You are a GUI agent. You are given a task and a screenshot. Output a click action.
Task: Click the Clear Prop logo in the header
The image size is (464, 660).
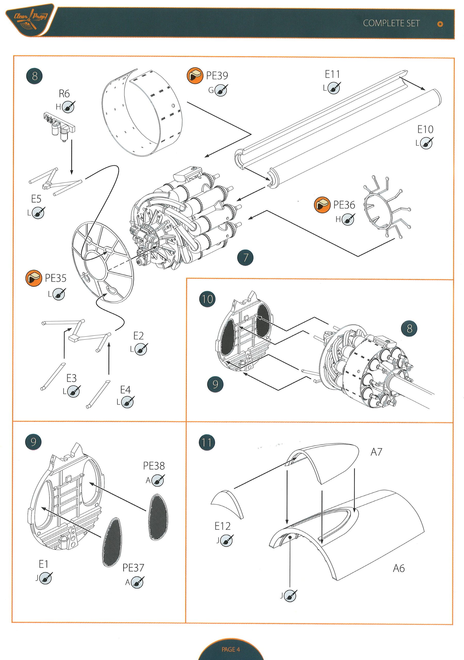tap(30, 20)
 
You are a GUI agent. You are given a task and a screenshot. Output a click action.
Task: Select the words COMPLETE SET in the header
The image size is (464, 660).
tap(391, 23)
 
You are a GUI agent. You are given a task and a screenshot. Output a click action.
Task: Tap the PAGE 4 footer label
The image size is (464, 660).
tap(230, 649)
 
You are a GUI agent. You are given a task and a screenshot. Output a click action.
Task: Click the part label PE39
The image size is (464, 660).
tap(217, 76)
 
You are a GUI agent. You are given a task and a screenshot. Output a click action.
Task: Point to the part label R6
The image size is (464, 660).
tap(64, 94)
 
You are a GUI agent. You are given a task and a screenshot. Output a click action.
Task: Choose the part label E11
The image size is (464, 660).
tap(332, 75)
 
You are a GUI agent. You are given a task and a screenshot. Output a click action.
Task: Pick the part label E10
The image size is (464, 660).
tap(425, 130)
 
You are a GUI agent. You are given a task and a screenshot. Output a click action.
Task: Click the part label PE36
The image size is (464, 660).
tap(344, 205)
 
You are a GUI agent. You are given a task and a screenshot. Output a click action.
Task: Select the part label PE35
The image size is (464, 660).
tap(55, 278)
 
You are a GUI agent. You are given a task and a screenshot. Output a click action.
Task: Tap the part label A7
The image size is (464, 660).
tap(376, 452)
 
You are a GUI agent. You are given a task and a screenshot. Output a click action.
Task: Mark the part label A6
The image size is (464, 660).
tap(399, 568)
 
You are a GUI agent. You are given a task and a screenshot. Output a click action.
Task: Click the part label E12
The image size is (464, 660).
tap(222, 526)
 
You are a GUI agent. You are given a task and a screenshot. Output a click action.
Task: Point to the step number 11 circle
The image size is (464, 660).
tap(207, 442)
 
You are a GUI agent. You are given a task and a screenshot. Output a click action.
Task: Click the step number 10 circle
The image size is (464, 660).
tap(207, 299)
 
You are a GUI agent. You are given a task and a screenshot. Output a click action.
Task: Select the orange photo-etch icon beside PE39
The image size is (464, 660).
tap(195, 76)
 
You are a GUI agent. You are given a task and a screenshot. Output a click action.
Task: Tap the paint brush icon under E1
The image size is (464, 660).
tap(45, 578)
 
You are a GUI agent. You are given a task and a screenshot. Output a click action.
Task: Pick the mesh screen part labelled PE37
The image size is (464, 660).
tap(112, 542)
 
